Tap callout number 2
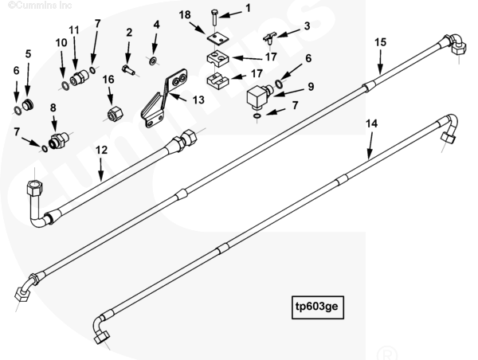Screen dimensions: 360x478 (x=128, y=33)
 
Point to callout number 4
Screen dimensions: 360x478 (x=156, y=25)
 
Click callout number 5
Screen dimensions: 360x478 (x=28, y=54)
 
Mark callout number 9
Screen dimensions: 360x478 (x=311, y=86)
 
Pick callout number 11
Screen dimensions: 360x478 (x=74, y=30)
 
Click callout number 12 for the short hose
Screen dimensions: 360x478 (x=101, y=149)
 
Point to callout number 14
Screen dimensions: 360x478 (x=370, y=124)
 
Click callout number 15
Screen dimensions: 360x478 (x=380, y=41)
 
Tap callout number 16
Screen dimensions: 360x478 (x=109, y=79)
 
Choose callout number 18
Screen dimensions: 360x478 (x=184, y=15)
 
